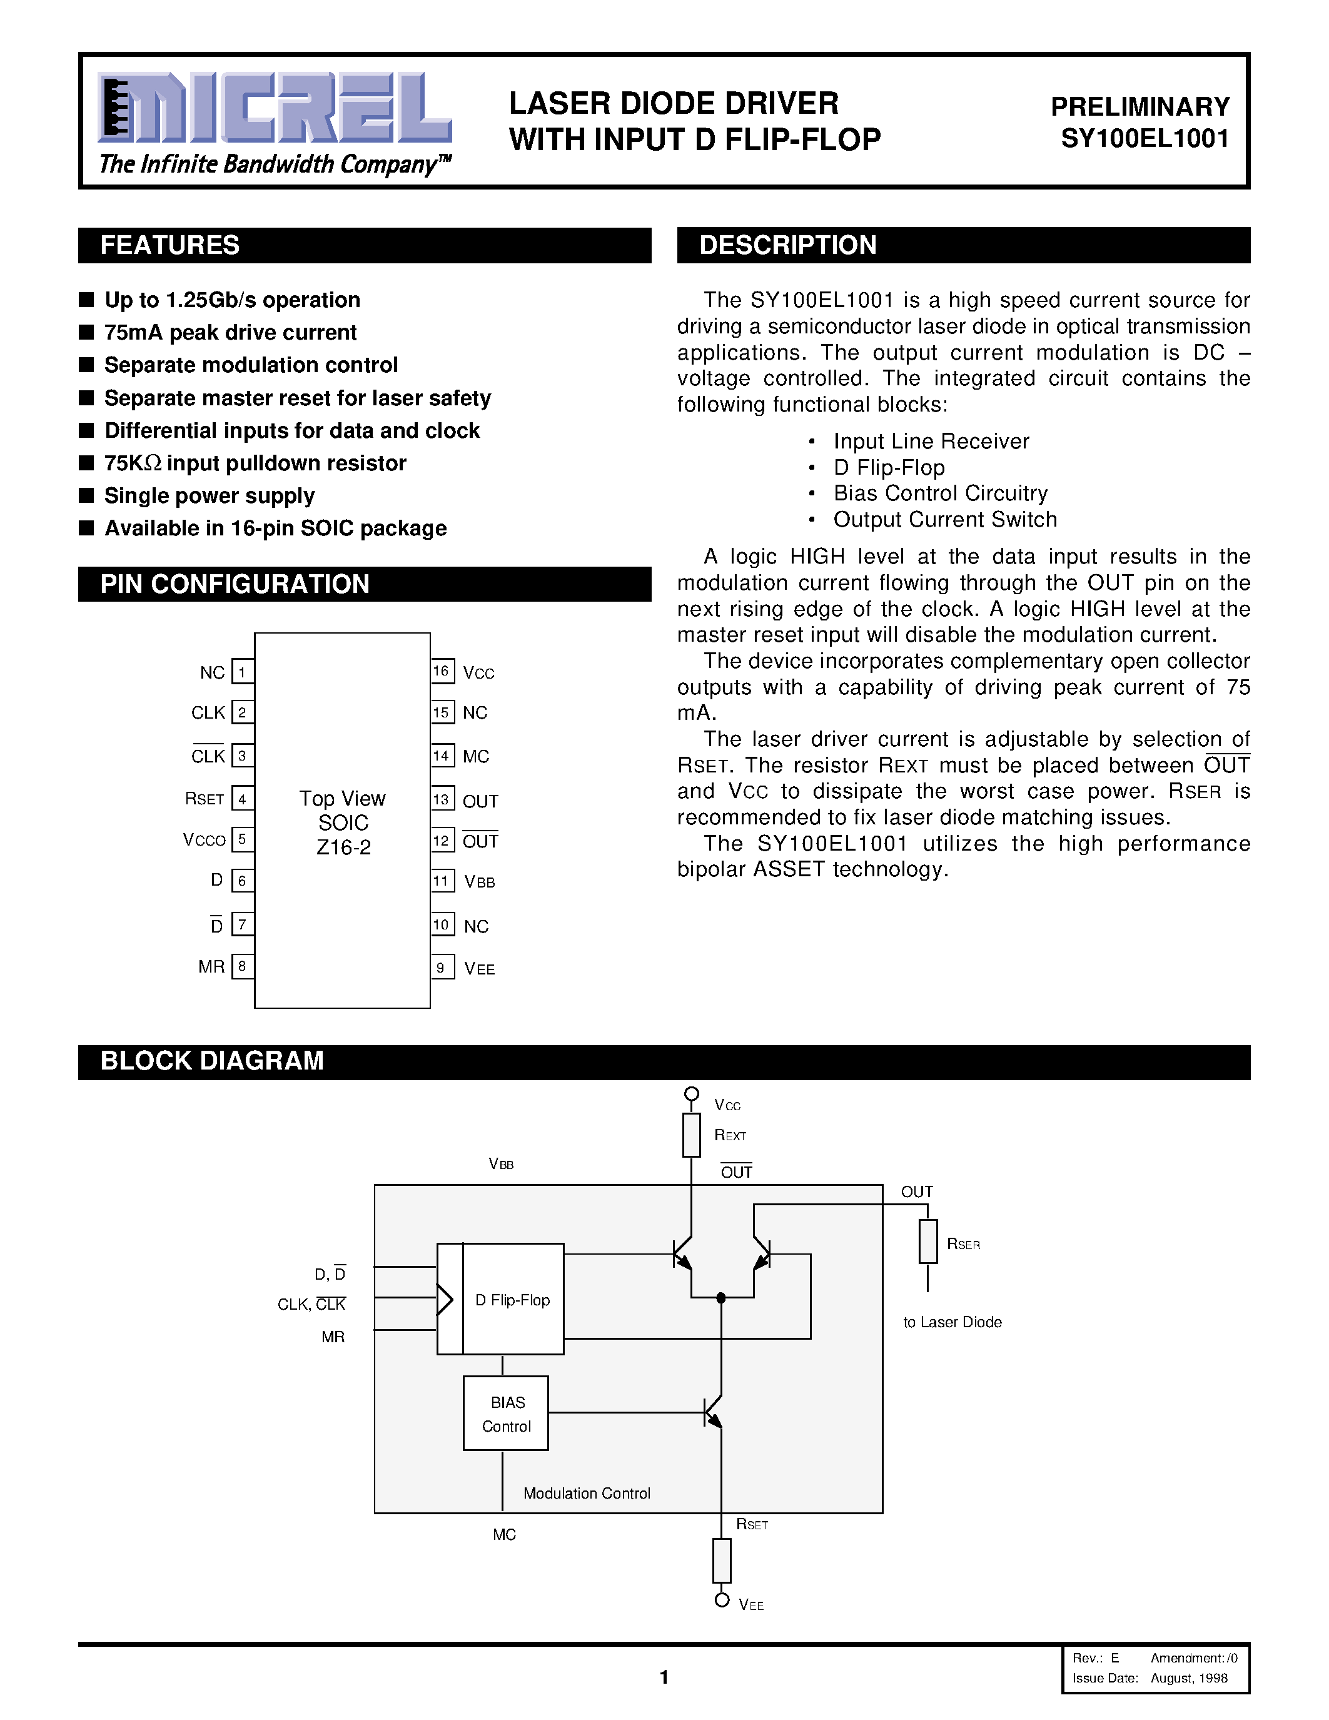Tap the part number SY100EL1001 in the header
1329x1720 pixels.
tap(1145, 139)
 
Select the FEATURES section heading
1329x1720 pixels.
tap(170, 245)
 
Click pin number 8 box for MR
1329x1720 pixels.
tap(243, 966)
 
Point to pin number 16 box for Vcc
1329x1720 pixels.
tap(442, 671)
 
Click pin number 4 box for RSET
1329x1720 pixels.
tap(243, 799)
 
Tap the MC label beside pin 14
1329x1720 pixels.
tap(475, 757)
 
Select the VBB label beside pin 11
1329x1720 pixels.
tap(480, 882)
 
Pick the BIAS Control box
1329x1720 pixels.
tap(505, 1414)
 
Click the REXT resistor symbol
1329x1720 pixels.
tap(691, 1135)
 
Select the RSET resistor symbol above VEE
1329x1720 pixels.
tap(721, 1560)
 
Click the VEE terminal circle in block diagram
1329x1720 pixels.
tap(721, 1601)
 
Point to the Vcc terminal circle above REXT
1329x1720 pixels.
tap(691, 1094)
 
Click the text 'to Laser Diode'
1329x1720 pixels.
tap(952, 1322)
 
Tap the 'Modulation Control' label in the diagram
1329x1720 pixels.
tap(587, 1493)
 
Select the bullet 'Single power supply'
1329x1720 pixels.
tap(210, 496)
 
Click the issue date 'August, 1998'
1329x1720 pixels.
tap(1189, 1678)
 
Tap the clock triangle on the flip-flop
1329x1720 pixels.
tap(445, 1300)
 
